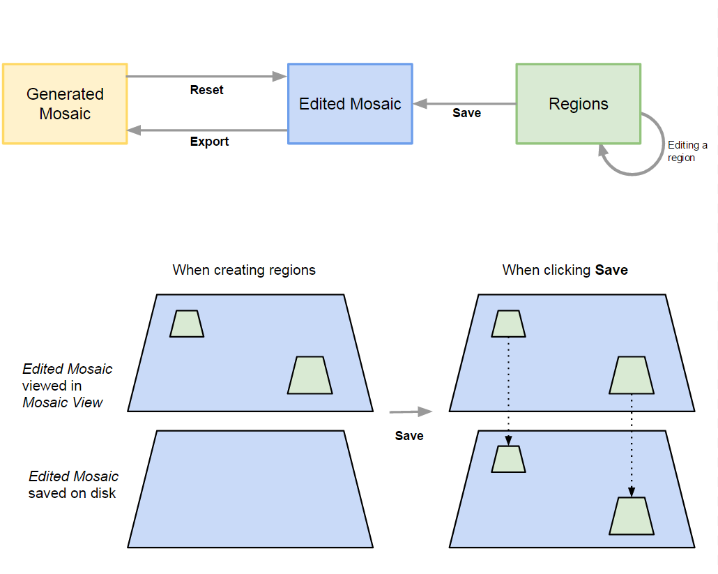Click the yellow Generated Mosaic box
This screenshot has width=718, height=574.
tap(65, 104)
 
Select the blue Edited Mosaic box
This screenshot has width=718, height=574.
tap(350, 104)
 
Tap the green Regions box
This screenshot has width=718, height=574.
tap(578, 104)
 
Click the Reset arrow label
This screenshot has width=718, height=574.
tap(206, 90)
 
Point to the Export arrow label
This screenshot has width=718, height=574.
tap(209, 142)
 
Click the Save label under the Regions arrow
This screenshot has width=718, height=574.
tap(466, 113)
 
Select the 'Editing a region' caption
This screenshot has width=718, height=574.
tap(687, 151)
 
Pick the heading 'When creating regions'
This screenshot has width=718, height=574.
tap(244, 270)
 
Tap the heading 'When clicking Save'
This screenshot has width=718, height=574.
tap(565, 270)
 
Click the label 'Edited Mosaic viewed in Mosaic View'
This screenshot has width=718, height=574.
tap(66, 385)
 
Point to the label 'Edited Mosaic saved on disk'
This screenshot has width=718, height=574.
tap(73, 485)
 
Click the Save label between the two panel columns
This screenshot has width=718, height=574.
tap(409, 436)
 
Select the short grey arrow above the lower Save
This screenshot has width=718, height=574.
tap(410, 412)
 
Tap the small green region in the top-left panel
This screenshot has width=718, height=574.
tap(187, 324)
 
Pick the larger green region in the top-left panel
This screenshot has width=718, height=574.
tap(310, 375)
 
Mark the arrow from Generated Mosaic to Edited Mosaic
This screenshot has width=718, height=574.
tap(207, 77)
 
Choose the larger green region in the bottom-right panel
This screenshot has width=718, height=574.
tap(632, 516)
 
